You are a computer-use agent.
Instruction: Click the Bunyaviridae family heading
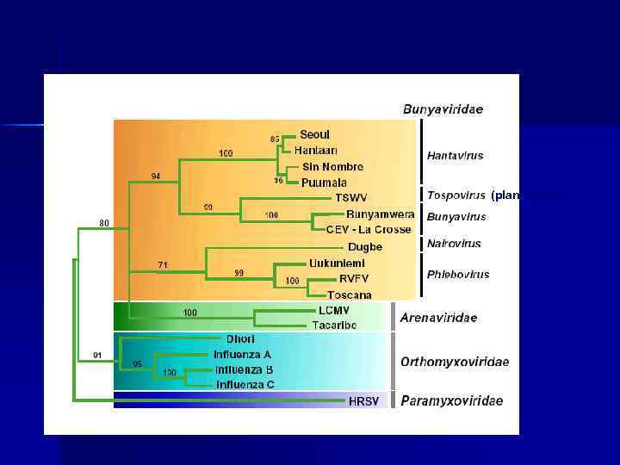click(x=443, y=109)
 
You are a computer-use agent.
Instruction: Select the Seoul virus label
click(x=314, y=134)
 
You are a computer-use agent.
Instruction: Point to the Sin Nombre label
click(x=332, y=166)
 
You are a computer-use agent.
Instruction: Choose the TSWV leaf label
click(x=350, y=198)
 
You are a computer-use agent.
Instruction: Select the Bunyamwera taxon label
click(x=380, y=214)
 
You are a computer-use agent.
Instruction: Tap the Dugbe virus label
click(x=365, y=247)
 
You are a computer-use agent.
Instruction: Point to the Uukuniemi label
click(x=337, y=263)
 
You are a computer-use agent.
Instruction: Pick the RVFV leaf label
click(x=354, y=279)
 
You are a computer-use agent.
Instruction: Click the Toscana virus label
click(x=349, y=295)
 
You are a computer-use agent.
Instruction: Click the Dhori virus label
click(x=240, y=338)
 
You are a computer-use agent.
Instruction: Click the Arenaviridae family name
click(x=438, y=318)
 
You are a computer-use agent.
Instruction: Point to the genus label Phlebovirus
click(x=458, y=275)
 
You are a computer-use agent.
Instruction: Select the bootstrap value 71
click(x=161, y=263)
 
